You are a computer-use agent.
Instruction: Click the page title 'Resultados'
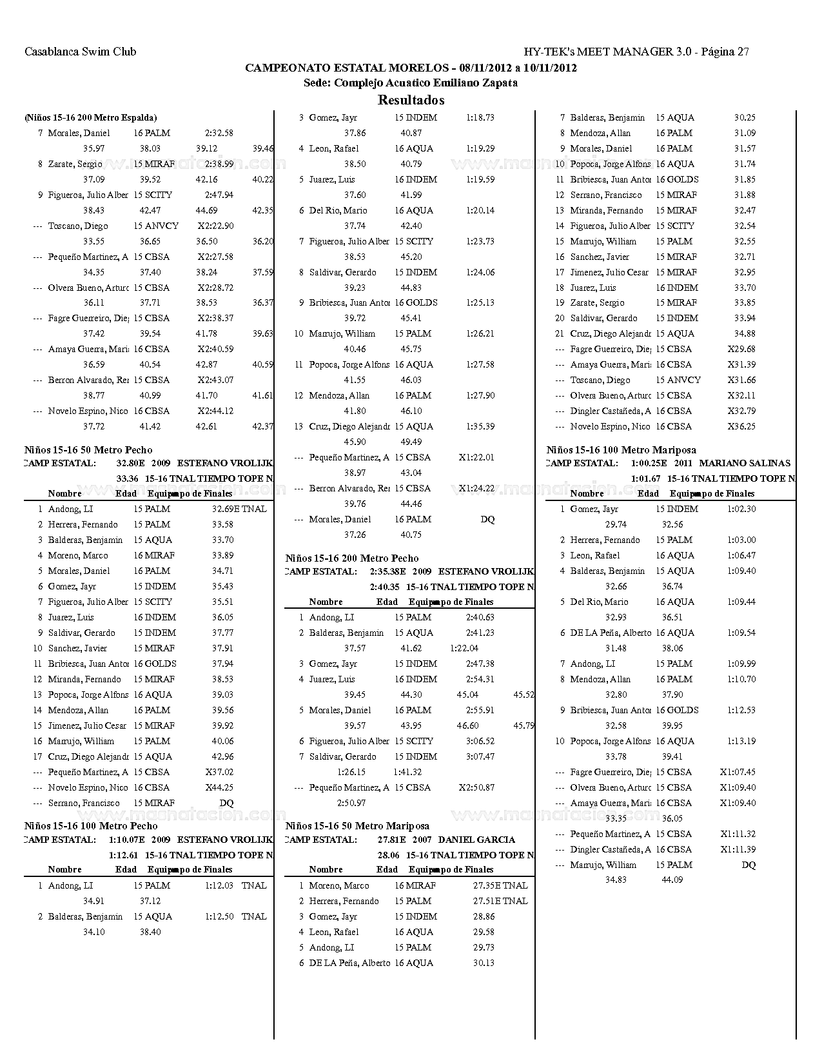click(x=411, y=100)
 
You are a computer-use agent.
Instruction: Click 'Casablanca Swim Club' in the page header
click(x=80, y=52)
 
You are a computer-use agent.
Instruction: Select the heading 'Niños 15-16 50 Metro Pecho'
click(x=88, y=450)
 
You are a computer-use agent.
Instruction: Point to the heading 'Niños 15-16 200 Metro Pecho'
click(x=352, y=558)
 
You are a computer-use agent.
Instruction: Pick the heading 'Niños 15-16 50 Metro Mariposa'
click(x=357, y=826)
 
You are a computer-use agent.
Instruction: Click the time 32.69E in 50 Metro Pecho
click(x=225, y=509)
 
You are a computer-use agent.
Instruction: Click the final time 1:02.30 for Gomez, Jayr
click(x=741, y=509)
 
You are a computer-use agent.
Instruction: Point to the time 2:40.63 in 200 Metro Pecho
click(x=480, y=617)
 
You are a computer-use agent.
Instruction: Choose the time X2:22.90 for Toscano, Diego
click(x=215, y=226)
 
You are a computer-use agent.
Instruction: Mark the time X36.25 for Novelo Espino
click(x=741, y=426)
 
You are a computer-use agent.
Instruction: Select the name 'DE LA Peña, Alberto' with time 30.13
click(x=349, y=963)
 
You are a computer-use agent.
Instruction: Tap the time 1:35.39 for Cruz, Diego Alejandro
click(x=480, y=426)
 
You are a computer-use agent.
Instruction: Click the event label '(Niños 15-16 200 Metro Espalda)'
click(x=91, y=117)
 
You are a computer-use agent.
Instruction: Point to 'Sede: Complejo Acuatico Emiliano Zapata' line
click(x=411, y=83)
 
